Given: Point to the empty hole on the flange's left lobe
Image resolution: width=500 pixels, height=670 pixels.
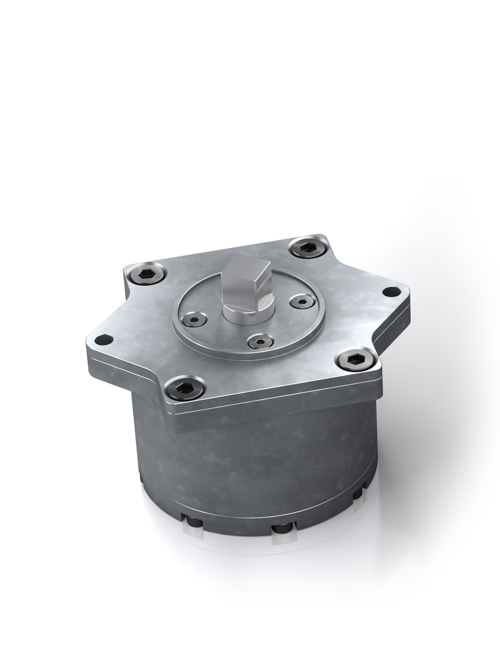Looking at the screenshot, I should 103,339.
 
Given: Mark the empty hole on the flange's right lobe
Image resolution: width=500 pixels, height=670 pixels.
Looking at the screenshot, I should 392,291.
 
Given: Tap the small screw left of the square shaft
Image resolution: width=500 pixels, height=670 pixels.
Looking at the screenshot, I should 195,319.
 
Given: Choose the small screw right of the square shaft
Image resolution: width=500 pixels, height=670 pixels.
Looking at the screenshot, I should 302,302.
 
